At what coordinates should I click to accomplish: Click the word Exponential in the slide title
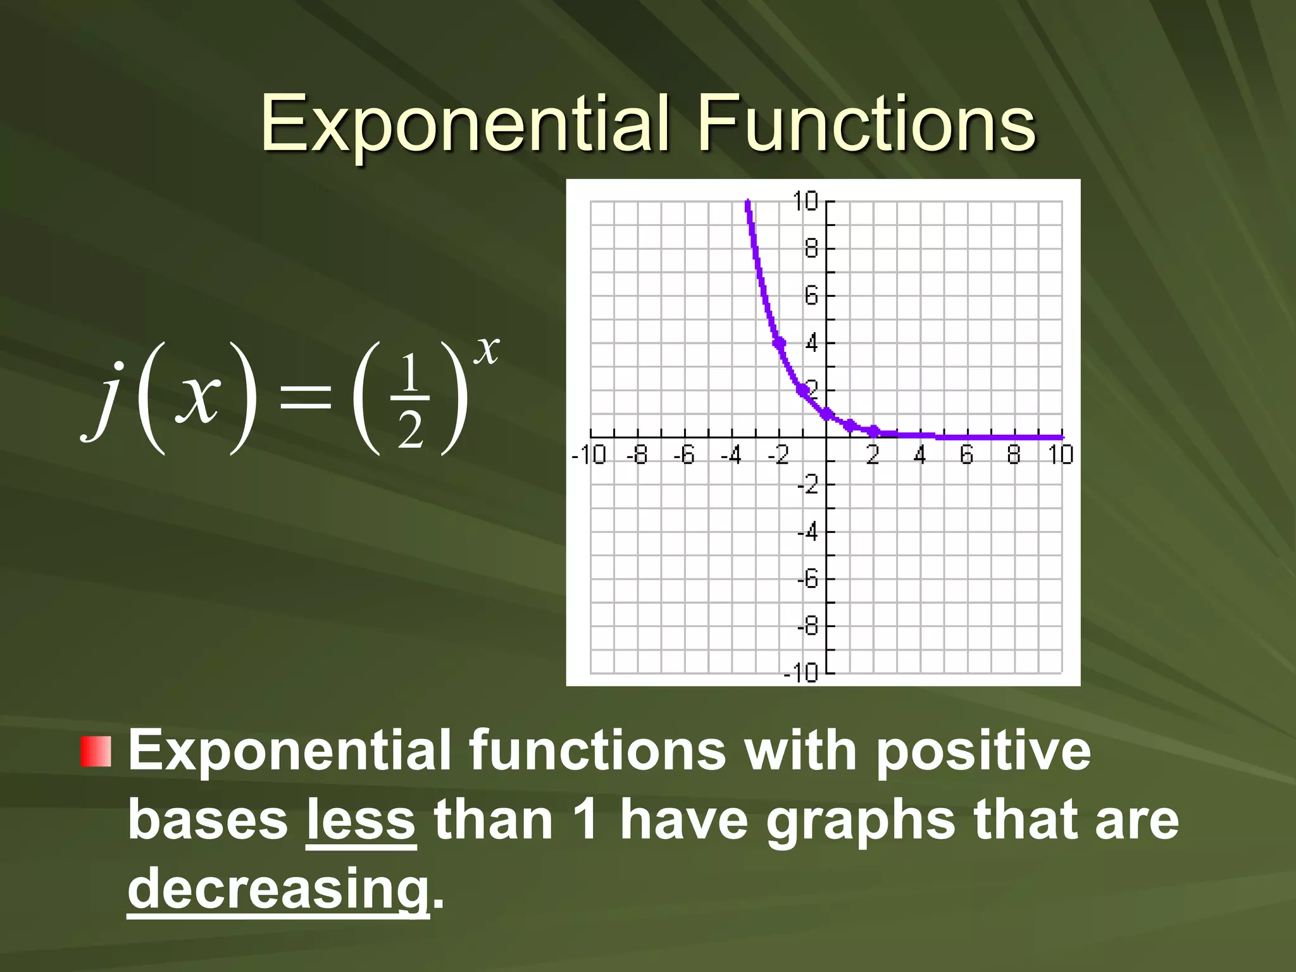(x=465, y=125)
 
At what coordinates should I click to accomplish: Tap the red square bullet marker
(x=96, y=752)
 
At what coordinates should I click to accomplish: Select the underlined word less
(x=361, y=821)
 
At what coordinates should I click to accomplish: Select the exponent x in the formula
(x=487, y=349)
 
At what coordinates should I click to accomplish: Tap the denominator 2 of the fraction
(x=409, y=432)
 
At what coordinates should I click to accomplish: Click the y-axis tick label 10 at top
(x=805, y=202)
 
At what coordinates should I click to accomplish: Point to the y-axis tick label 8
(x=811, y=249)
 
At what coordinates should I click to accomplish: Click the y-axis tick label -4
(x=807, y=532)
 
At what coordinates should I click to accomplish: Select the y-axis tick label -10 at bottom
(x=801, y=673)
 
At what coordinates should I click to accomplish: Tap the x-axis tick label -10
(x=589, y=455)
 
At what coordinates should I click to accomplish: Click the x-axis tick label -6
(x=683, y=455)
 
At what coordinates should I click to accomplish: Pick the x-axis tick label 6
(x=966, y=455)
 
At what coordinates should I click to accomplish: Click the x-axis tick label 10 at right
(x=1061, y=455)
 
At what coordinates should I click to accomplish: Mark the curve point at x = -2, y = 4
(x=779, y=343)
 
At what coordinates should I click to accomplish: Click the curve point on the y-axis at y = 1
(x=826, y=414)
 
